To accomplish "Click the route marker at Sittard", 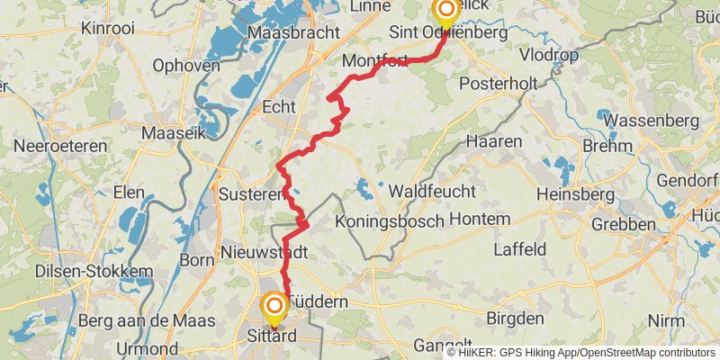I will (274, 308).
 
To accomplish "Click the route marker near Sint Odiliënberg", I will (445, 11).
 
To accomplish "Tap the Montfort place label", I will (375, 61).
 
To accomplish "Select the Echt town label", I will (278, 107).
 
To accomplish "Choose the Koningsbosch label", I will (389, 220).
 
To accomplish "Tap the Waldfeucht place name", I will (431, 192).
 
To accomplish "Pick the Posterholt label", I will (498, 83).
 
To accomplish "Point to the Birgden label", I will (515, 318).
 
